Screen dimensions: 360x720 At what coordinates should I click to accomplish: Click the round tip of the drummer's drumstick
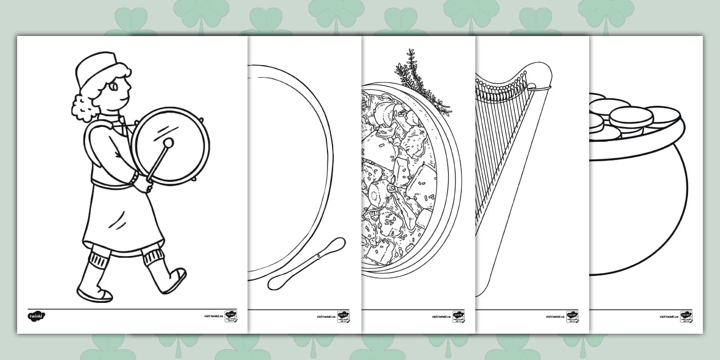[x=169, y=142]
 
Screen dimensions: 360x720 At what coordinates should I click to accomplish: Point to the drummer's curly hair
[x=82, y=106]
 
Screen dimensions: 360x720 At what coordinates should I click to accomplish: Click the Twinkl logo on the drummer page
[x=36, y=315]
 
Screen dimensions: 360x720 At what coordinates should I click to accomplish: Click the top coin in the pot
[x=631, y=116]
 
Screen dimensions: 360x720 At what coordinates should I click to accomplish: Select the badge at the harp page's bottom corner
[x=572, y=317]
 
